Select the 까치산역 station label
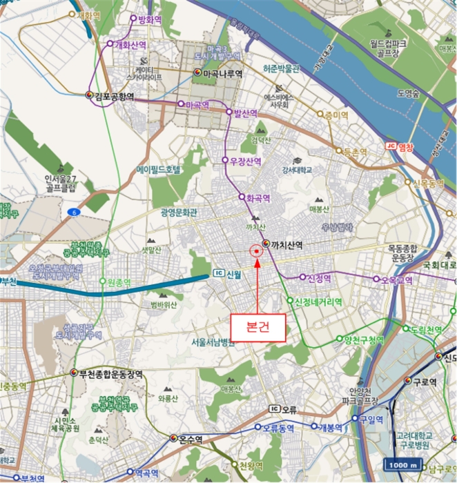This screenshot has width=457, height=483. pos(288,244)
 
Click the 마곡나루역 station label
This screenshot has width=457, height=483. pos(222,72)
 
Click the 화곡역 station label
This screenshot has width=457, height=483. pos(257,197)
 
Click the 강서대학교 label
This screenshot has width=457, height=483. pos(297,169)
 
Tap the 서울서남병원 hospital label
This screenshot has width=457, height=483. pos(220,342)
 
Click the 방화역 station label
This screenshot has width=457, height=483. pos(150,19)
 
